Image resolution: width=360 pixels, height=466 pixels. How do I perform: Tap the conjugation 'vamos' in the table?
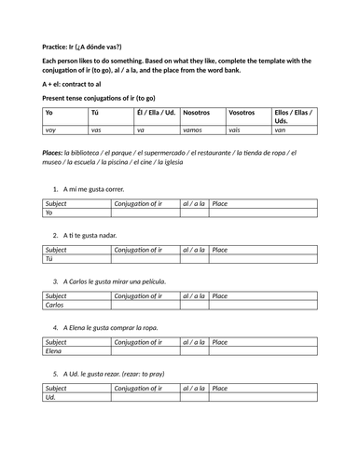[x=194, y=130]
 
